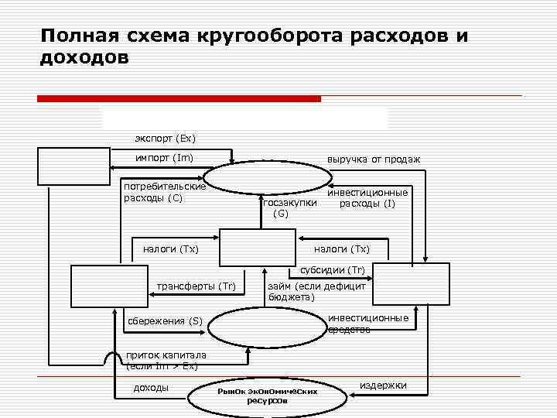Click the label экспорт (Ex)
165,139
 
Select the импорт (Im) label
164,159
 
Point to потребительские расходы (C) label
164,192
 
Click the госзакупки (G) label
289,207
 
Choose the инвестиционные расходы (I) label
367,197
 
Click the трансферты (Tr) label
196,286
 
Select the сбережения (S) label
163,321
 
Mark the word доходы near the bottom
151,387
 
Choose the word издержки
383,385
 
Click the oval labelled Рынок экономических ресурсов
268,396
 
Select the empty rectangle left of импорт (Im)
74,166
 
